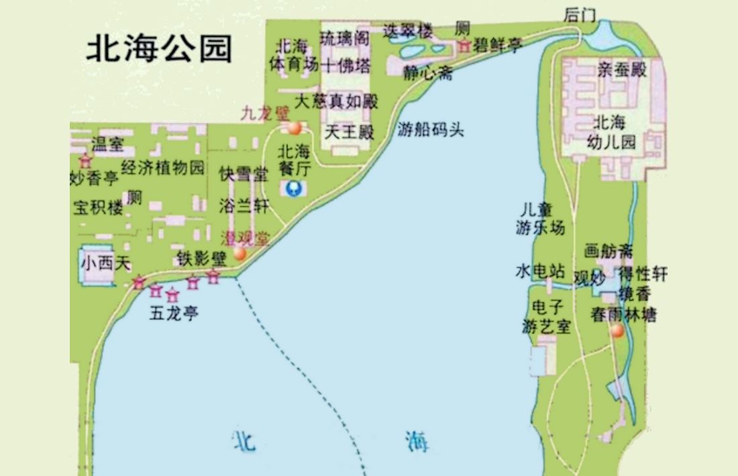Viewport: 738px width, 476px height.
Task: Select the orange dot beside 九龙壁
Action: pos(294,129)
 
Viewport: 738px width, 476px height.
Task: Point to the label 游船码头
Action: pos(430,129)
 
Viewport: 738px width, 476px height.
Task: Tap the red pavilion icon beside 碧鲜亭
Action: pos(464,46)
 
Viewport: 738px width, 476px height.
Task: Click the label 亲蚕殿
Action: pos(622,70)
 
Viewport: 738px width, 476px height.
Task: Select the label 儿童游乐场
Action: pos(540,219)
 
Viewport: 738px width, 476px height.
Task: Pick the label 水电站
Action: pos(540,272)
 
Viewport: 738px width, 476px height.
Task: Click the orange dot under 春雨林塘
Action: pos(617,330)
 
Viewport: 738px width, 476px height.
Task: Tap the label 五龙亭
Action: pos(174,312)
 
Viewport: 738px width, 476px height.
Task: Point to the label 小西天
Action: pos(105,263)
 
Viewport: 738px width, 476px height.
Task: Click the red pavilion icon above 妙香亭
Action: pos(85,161)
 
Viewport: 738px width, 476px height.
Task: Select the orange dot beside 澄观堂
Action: pos(240,254)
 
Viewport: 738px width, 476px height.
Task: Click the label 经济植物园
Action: pos(163,168)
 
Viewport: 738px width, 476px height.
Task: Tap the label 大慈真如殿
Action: pos(337,102)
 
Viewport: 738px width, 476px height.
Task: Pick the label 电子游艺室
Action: pos(546,317)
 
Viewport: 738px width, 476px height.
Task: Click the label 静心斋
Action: pos(427,72)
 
